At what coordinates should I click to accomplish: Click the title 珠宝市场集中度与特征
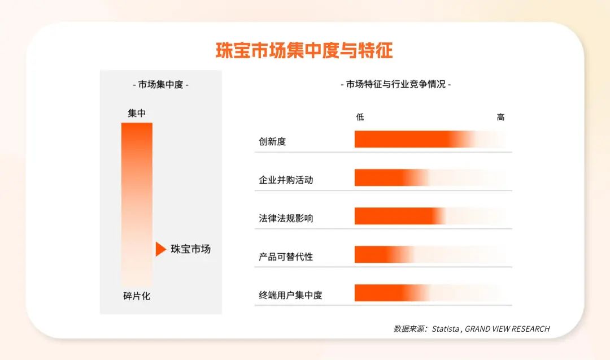304,51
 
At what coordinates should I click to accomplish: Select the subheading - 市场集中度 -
160,85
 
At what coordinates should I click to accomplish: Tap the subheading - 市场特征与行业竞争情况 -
395,84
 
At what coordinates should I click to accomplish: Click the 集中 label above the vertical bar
137,113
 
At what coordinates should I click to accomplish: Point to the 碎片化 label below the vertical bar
137,296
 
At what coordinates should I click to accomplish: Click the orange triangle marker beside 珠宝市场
160,249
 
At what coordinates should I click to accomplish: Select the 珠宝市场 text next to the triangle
190,249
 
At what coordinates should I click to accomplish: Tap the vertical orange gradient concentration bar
137,203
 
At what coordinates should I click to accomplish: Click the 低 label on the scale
360,117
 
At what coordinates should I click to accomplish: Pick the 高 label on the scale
500,117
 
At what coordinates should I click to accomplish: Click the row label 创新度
272,141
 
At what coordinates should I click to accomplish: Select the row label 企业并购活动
286,180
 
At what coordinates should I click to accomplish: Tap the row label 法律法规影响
286,218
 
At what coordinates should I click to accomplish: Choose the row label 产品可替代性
286,257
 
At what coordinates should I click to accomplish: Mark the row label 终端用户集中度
290,295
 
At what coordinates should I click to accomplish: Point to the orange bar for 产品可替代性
376,254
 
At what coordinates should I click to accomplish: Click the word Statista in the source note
446,329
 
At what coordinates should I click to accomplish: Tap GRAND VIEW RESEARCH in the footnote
507,329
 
